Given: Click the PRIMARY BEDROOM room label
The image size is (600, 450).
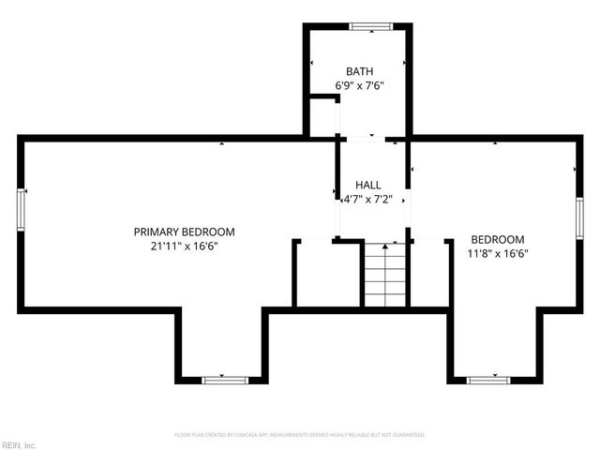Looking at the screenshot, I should point(184,232).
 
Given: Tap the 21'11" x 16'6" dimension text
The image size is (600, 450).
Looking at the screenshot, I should point(184,247).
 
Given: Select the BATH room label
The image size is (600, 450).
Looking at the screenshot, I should point(359,71).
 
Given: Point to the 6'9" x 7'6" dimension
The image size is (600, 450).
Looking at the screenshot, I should point(359,85).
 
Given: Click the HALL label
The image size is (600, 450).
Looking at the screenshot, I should point(367,185).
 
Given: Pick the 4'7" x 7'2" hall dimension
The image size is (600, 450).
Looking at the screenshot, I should point(367,200).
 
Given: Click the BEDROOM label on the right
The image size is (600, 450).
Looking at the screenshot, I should point(497,239).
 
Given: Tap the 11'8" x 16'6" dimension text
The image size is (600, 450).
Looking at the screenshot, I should point(497,253).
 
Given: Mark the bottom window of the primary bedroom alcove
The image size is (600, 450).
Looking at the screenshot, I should point(225,380).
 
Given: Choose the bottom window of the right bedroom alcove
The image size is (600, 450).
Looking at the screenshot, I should point(488,380).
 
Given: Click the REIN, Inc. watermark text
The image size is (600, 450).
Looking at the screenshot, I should point(19,444).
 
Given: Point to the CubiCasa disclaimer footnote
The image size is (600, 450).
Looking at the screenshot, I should point(300,435).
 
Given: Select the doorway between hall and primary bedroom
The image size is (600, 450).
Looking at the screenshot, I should point(337,192).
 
